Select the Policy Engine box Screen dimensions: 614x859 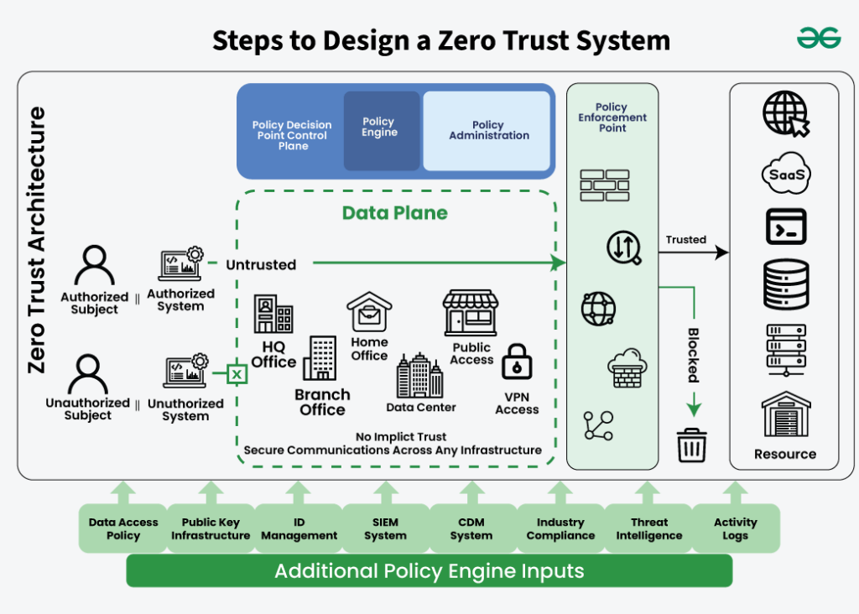pyautogui.click(x=381, y=130)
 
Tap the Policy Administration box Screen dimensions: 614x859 pyautogui.click(x=487, y=131)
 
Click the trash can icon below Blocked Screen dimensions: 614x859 pyautogui.click(x=692, y=445)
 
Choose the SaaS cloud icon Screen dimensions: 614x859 pyautogui.click(x=786, y=174)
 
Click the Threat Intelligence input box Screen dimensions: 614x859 pyautogui.click(x=649, y=528)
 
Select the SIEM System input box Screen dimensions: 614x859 pyautogui.click(x=386, y=528)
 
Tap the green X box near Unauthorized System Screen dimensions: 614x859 pyautogui.click(x=237, y=373)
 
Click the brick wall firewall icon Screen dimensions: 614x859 pyautogui.click(x=604, y=185)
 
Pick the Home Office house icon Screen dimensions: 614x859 pyautogui.click(x=370, y=312)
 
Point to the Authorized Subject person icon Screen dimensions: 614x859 pyautogui.click(x=94, y=267)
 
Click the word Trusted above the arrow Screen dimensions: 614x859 pyautogui.click(x=685, y=240)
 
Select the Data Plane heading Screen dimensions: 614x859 pyautogui.click(x=394, y=213)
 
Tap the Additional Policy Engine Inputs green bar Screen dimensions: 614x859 pyautogui.click(x=429, y=572)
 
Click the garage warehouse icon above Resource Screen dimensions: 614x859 pyautogui.click(x=785, y=414)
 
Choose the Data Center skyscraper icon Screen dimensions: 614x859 pyautogui.click(x=419, y=376)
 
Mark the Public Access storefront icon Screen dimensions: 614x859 pyautogui.click(x=471, y=314)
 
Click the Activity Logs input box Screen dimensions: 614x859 pyautogui.click(x=735, y=528)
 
